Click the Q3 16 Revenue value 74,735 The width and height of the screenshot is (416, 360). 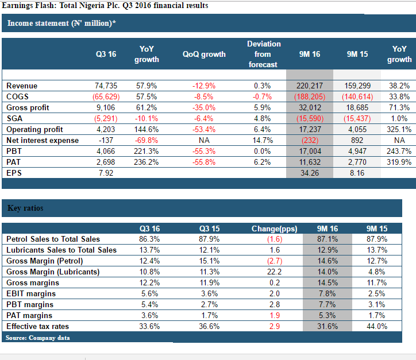[106, 86]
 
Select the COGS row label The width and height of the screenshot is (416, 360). [17, 96]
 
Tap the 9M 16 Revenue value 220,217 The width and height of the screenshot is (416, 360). [310, 86]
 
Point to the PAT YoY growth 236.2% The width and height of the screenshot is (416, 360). [146, 162]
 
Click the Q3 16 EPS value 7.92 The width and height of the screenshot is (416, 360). [106, 173]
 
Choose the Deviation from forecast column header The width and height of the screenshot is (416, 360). [264, 54]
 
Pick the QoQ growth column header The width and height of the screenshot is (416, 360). [204, 54]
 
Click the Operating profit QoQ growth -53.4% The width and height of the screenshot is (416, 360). [204, 129]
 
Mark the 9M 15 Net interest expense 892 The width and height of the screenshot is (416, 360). [357, 140]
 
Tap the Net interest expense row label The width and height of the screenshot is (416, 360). [43, 140]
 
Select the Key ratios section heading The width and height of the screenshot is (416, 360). [25, 208]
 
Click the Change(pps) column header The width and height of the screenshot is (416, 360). [274, 229]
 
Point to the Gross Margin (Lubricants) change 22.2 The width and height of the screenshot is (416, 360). [275, 272]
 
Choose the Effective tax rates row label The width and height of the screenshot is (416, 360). [38, 326]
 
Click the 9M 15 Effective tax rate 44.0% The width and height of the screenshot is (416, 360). [377, 326]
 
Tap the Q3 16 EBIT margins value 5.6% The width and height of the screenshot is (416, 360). [149, 293]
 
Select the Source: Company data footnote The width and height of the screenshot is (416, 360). [38, 338]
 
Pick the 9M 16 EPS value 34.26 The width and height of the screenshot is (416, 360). [310, 173]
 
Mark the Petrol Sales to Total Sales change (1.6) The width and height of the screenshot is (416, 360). [275, 239]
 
